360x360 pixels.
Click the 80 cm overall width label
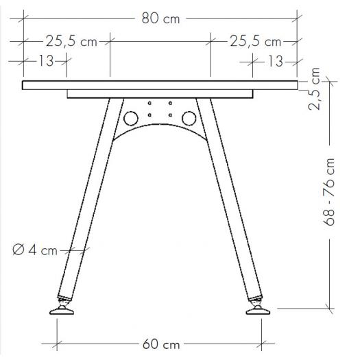point(160,19)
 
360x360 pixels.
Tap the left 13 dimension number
point(46,62)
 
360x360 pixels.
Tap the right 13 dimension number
point(274,62)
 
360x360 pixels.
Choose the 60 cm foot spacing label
point(160,344)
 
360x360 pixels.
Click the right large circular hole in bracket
point(188,119)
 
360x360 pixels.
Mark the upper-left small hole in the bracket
point(150,104)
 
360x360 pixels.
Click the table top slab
point(160,85)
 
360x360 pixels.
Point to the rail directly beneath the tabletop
point(160,94)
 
